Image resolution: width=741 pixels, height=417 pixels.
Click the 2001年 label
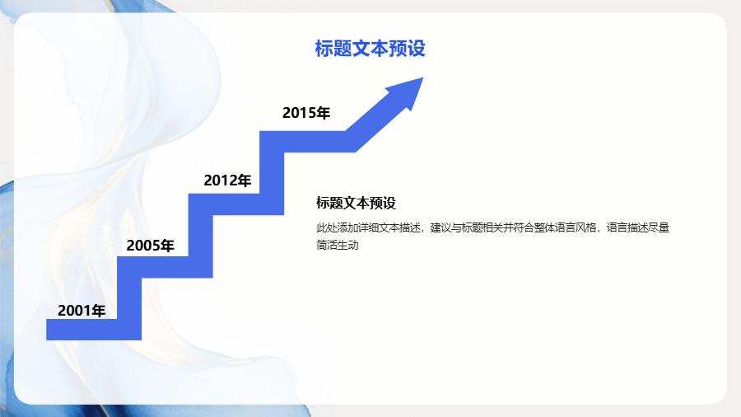coord(82,311)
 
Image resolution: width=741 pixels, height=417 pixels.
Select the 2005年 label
coord(150,246)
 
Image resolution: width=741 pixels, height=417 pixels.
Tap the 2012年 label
coord(227,180)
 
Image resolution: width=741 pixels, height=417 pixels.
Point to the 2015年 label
coord(305,113)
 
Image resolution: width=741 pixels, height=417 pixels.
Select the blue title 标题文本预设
coord(370,49)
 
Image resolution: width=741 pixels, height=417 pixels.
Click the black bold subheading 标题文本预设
coord(356,203)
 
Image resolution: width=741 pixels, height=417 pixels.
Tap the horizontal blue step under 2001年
coord(82,330)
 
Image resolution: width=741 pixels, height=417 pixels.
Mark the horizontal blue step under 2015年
coord(307,142)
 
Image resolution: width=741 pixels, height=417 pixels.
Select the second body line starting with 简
coord(338,245)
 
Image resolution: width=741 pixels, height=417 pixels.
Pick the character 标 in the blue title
coord(324,49)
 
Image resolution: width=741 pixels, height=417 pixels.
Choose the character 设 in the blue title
coord(417,49)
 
